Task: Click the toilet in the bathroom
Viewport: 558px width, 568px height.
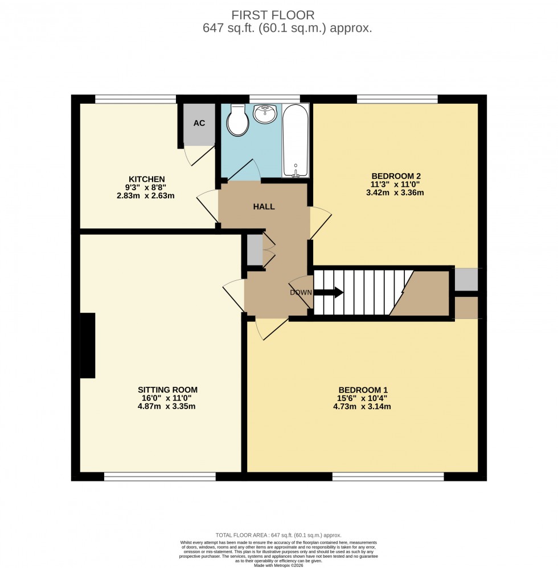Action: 235,121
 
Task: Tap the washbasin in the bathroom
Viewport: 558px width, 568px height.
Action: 265,114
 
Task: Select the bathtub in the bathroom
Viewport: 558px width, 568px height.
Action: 296,141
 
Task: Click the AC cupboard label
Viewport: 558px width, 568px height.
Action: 199,123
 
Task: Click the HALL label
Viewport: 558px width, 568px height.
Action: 264,206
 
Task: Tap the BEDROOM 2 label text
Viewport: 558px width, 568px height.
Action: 396,175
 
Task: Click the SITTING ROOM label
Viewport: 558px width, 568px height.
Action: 167,390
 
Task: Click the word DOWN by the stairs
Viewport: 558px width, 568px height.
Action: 301,293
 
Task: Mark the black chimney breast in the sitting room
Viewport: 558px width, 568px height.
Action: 87,345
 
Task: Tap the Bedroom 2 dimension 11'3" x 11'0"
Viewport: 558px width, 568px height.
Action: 396,184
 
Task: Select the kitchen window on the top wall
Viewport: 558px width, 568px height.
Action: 136,99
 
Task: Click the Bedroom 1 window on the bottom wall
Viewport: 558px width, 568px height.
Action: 388,476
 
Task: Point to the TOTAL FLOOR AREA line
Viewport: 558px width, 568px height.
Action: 278,535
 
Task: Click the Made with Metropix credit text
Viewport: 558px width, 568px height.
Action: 278,565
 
